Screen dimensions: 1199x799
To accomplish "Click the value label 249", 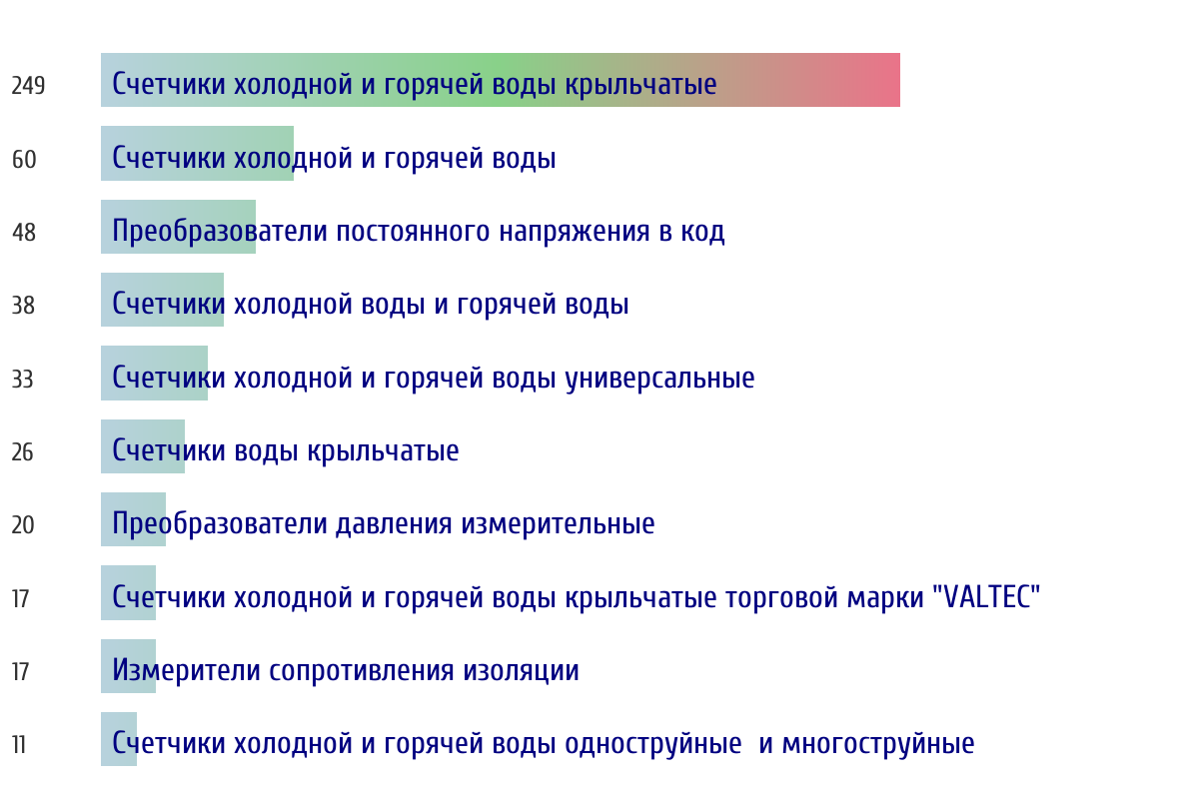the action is [x=28, y=86].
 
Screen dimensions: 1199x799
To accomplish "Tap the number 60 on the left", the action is [x=24, y=160].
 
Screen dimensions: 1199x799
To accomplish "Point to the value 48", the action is [x=24, y=233].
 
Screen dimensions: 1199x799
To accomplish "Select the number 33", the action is [x=22, y=380].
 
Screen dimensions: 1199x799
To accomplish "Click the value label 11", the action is [x=19, y=745].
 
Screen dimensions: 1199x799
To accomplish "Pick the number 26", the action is [x=22, y=452].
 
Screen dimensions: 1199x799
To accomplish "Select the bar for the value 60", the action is [x=197, y=153].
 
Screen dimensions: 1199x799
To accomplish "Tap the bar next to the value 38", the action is [x=162, y=300].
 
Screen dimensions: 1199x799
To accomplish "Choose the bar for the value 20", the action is [x=133, y=519].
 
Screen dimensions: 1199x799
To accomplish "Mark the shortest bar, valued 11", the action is [x=119, y=739].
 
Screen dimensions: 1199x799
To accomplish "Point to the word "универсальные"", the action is [x=660, y=379].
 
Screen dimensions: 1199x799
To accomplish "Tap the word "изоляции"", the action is [x=521, y=671].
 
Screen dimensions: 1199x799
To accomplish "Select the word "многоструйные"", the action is [x=878, y=744].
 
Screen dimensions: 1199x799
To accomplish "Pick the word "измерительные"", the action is [x=558, y=524].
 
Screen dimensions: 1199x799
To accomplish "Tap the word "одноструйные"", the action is [x=653, y=744].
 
